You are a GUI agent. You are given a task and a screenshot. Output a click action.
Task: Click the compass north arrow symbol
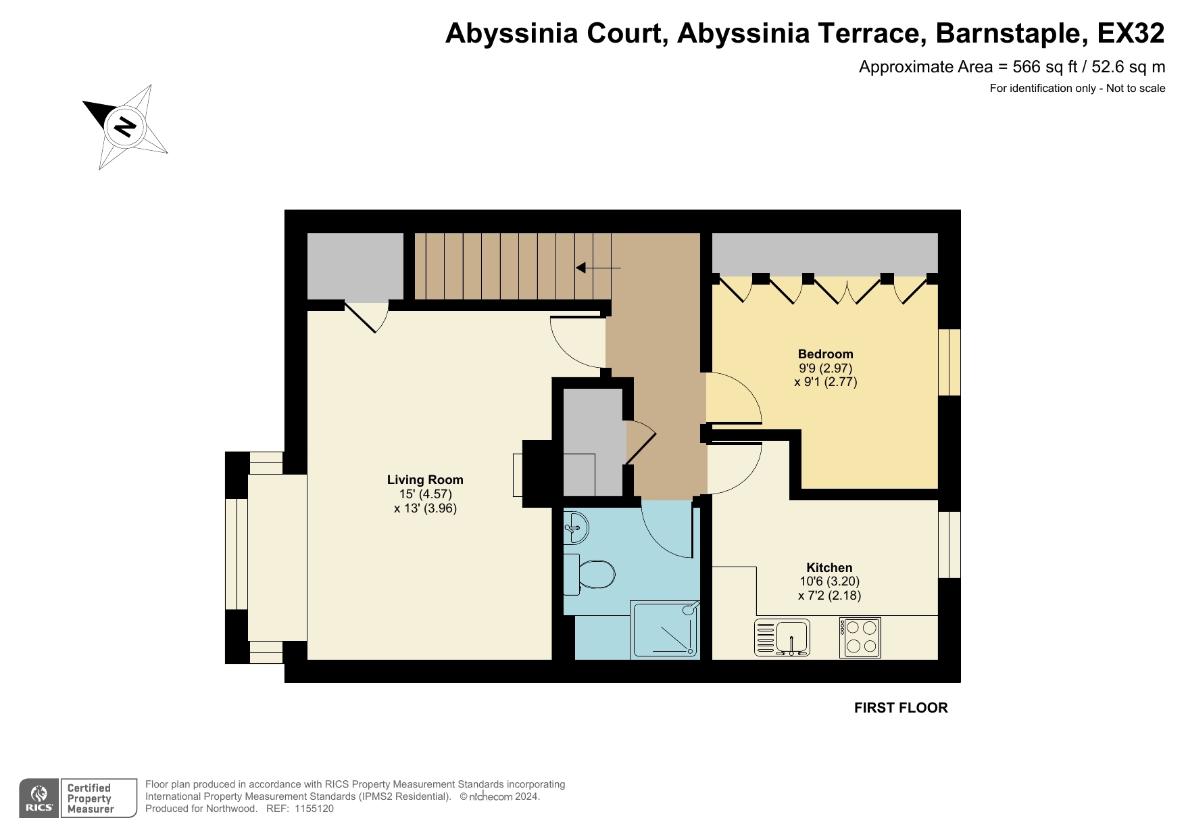125,126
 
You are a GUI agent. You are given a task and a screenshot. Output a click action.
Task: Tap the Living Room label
425,480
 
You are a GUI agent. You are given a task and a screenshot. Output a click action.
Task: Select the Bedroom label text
825,354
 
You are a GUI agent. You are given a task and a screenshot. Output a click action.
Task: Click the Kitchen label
829,568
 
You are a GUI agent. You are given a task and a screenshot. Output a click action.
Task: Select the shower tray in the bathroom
664,629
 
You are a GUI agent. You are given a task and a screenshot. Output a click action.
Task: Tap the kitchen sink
783,638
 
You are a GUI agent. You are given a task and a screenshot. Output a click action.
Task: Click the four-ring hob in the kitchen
860,638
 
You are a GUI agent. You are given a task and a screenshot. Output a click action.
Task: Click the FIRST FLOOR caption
901,708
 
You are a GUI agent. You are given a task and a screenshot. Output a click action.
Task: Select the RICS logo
39,798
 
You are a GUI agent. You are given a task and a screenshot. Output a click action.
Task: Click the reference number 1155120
314,809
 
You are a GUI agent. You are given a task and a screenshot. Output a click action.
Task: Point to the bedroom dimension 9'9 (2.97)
825,368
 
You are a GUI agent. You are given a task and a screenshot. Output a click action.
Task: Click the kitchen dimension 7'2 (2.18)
829,596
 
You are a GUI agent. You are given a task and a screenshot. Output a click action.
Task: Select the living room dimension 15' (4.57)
425,494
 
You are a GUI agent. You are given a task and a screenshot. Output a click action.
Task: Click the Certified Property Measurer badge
98,798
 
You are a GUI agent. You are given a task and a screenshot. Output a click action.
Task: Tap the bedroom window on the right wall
949,362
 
